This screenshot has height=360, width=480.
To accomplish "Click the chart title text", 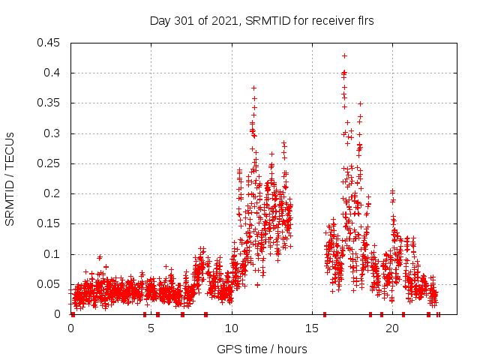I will tap(262, 21).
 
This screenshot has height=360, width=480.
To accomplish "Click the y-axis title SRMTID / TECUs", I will tap(10, 178).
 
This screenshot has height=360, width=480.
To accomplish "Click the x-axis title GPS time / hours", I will tap(262, 349).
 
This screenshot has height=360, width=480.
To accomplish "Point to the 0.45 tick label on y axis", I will tap(50, 43).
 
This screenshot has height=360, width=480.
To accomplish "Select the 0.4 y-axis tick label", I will tap(53, 73).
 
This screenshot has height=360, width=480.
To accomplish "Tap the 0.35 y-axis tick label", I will tap(50, 103).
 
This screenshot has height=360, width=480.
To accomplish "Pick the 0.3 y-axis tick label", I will tap(53, 133).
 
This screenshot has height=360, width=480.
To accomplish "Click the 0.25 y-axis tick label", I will tap(50, 163).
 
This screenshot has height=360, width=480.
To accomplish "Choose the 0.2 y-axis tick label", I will tap(53, 193).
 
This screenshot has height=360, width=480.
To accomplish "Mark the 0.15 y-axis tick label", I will tap(50, 223).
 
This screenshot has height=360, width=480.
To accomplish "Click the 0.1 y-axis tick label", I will tap(53, 254).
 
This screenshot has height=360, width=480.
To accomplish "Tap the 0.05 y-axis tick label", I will tap(50, 284).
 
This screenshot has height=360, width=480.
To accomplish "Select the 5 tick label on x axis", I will tap(151, 328).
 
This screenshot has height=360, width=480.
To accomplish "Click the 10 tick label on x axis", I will tap(232, 328).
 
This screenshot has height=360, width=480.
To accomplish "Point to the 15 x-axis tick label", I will tap(312, 328).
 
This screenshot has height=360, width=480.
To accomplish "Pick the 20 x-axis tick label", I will tap(392, 328).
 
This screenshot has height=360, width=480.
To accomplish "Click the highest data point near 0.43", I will tap(344, 55).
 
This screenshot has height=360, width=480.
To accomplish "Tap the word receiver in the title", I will tap(331, 21).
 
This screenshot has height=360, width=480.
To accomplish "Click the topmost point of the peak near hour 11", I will tap(253, 88).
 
